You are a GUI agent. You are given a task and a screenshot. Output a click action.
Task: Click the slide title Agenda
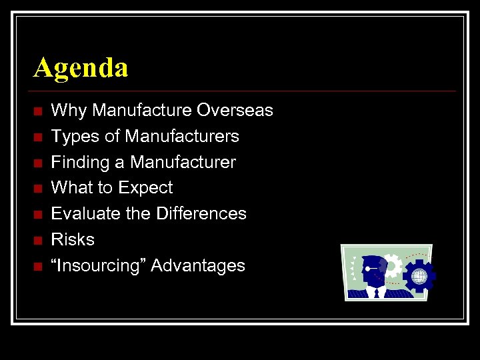coord(81,68)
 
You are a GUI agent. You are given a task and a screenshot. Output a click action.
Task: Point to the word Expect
coord(147,189)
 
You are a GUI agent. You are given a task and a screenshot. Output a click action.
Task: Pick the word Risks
coord(73,240)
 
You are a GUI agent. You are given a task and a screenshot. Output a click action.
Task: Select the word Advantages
coord(198,266)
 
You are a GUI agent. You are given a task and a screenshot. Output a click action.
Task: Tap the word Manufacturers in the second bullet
coord(182,137)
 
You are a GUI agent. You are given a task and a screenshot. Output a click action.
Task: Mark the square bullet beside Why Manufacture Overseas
coord(38,111)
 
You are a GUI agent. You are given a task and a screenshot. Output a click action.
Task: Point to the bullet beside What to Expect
coord(38,189)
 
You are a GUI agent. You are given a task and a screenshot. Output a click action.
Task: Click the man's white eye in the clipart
coord(368,268)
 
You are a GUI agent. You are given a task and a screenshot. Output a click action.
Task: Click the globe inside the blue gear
coord(419,275)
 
